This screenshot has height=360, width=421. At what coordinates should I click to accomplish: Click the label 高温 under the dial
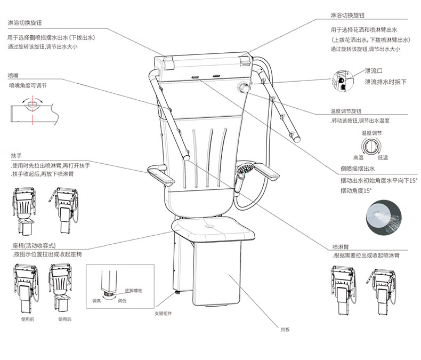coord(358,158)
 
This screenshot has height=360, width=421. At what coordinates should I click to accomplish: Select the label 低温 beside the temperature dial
coord(383,158)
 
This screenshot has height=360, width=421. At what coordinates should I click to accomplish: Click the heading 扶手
coord(15,156)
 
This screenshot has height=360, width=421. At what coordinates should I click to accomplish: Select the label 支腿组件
coord(164,313)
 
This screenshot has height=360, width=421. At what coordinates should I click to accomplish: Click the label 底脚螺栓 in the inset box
coord(134,291)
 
